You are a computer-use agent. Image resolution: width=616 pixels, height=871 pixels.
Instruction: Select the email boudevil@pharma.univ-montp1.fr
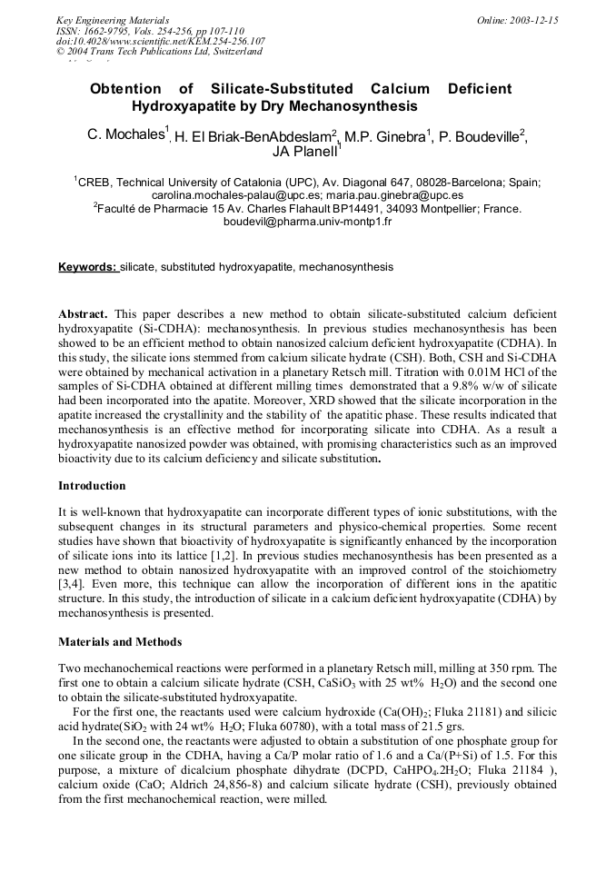tap(307, 221)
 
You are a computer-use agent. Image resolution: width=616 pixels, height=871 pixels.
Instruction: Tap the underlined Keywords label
tap(88, 267)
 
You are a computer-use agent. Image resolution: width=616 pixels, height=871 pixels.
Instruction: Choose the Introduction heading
tap(92, 486)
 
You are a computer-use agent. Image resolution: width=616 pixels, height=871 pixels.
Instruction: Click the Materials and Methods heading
tap(120, 641)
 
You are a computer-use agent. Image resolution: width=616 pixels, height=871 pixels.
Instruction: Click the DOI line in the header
tap(161, 41)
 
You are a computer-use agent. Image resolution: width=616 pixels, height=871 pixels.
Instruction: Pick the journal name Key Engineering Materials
tap(113, 20)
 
